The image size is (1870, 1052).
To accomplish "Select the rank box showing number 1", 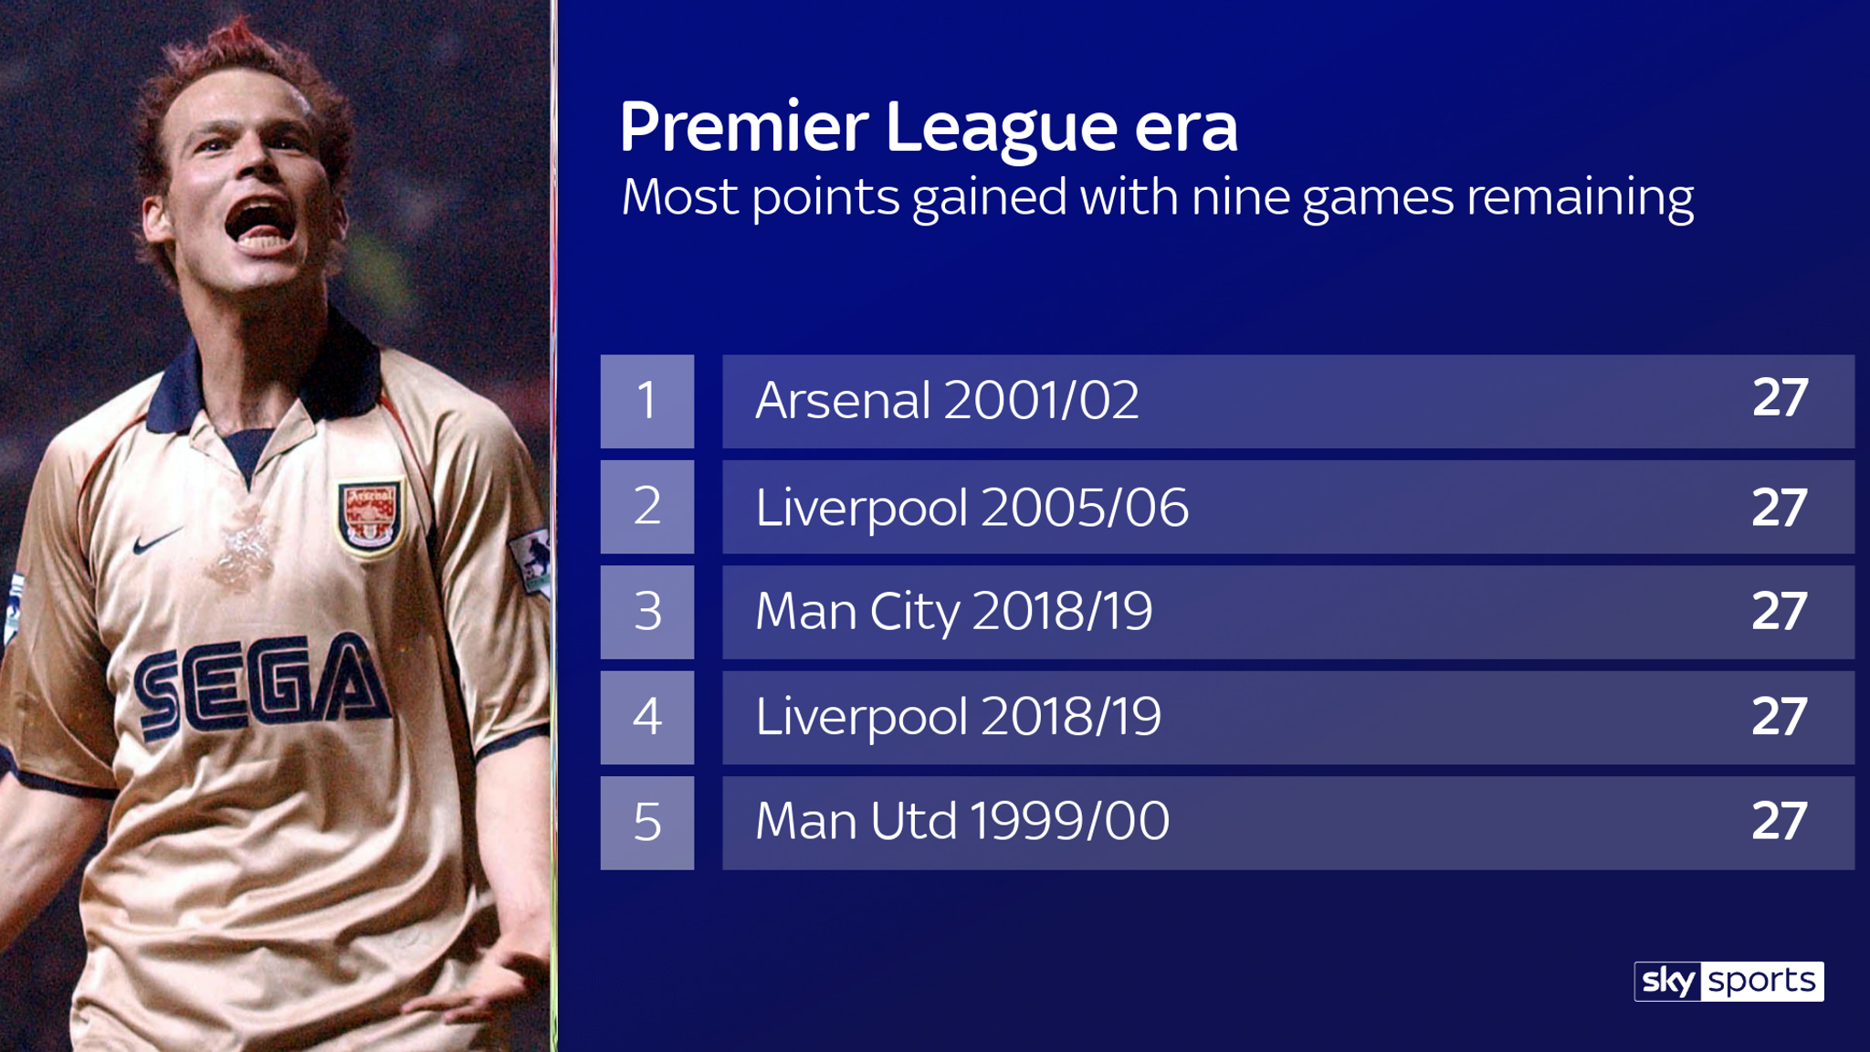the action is pyautogui.click(x=647, y=401).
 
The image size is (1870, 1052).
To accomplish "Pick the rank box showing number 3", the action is pyautogui.click(x=647, y=612).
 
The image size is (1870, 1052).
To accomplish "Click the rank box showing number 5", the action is pyautogui.click(x=647, y=823).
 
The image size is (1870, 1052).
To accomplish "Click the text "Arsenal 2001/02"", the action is pyautogui.click(x=948, y=400).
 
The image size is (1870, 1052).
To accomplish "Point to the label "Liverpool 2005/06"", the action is pyautogui.click(x=972, y=508).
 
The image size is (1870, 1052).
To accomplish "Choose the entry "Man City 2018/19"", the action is pyautogui.click(x=954, y=612).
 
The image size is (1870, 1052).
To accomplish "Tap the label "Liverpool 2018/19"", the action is pyautogui.click(x=959, y=717).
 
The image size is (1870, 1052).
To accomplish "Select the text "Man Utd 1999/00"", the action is pyautogui.click(x=962, y=821).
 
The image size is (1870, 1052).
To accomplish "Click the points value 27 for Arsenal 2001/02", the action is pyautogui.click(x=1780, y=398).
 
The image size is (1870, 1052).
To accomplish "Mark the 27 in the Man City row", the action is pyautogui.click(x=1780, y=611).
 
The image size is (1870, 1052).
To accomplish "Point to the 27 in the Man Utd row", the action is pyautogui.click(x=1780, y=821).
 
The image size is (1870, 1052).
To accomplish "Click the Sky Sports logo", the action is pyautogui.click(x=1728, y=981).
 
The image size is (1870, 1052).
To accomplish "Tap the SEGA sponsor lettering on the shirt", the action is pyautogui.click(x=263, y=685).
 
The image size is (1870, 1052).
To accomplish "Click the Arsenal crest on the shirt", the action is pyautogui.click(x=370, y=517).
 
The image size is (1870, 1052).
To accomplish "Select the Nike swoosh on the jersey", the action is pyautogui.click(x=157, y=541).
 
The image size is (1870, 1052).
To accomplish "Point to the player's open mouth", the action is pyautogui.click(x=261, y=224).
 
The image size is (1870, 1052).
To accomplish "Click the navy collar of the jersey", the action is pyautogui.click(x=265, y=384).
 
